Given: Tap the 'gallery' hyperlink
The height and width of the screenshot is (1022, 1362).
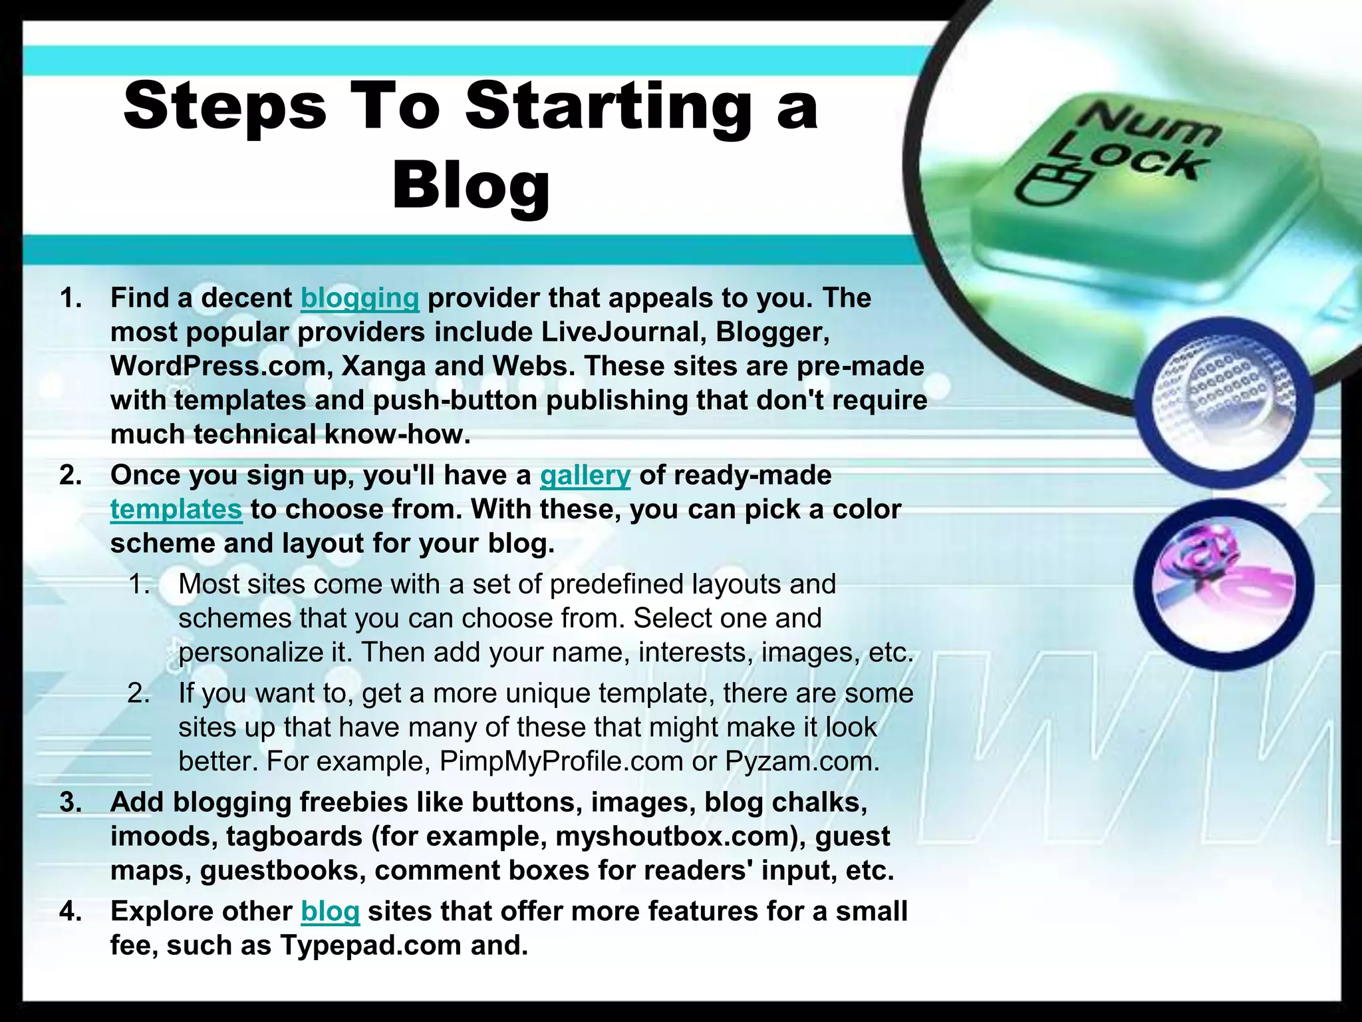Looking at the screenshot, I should (x=585, y=476).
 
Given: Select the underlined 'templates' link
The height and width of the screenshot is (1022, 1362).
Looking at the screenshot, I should (x=176, y=510).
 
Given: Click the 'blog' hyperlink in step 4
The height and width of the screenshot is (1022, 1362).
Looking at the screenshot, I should (x=330, y=912).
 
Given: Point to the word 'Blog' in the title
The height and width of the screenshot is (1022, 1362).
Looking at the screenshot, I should (x=471, y=184).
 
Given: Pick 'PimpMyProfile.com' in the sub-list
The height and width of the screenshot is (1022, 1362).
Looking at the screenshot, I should (x=561, y=761).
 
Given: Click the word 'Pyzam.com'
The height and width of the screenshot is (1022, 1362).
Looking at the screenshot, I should (x=802, y=761).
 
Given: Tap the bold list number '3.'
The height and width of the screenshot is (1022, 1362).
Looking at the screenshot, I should (x=71, y=802).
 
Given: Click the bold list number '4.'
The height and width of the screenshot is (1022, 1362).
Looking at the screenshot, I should (x=71, y=912).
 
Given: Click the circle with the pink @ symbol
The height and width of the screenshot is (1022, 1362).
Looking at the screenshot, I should (x=1224, y=584).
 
